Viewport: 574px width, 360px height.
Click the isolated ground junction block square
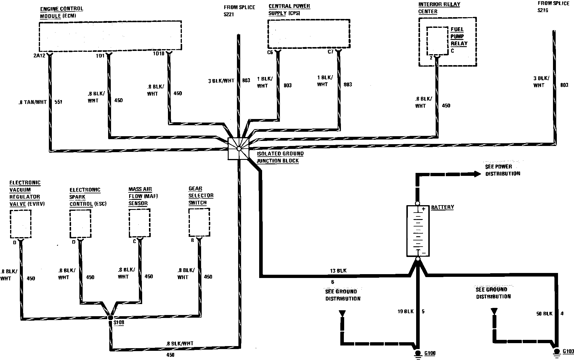(238, 149)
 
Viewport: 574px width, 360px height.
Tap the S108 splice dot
(110, 317)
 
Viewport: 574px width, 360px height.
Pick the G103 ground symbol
(557, 352)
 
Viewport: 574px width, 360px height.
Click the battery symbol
(418, 231)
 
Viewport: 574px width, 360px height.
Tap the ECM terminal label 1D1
(100, 55)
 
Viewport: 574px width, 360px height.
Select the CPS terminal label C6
(270, 52)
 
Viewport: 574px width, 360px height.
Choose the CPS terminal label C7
(331, 52)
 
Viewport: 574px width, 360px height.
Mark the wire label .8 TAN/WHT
(33, 102)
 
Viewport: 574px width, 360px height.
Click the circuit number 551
(58, 102)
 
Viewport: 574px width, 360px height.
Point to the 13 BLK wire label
(338, 271)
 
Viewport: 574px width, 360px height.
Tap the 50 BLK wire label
(544, 314)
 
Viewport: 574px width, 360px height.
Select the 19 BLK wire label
(405, 311)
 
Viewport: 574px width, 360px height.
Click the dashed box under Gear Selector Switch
(199, 223)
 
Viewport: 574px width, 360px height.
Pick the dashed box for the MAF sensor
(139, 223)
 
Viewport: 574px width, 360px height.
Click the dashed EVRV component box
(20, 224)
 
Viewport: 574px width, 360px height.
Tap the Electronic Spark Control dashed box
(80, 224)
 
